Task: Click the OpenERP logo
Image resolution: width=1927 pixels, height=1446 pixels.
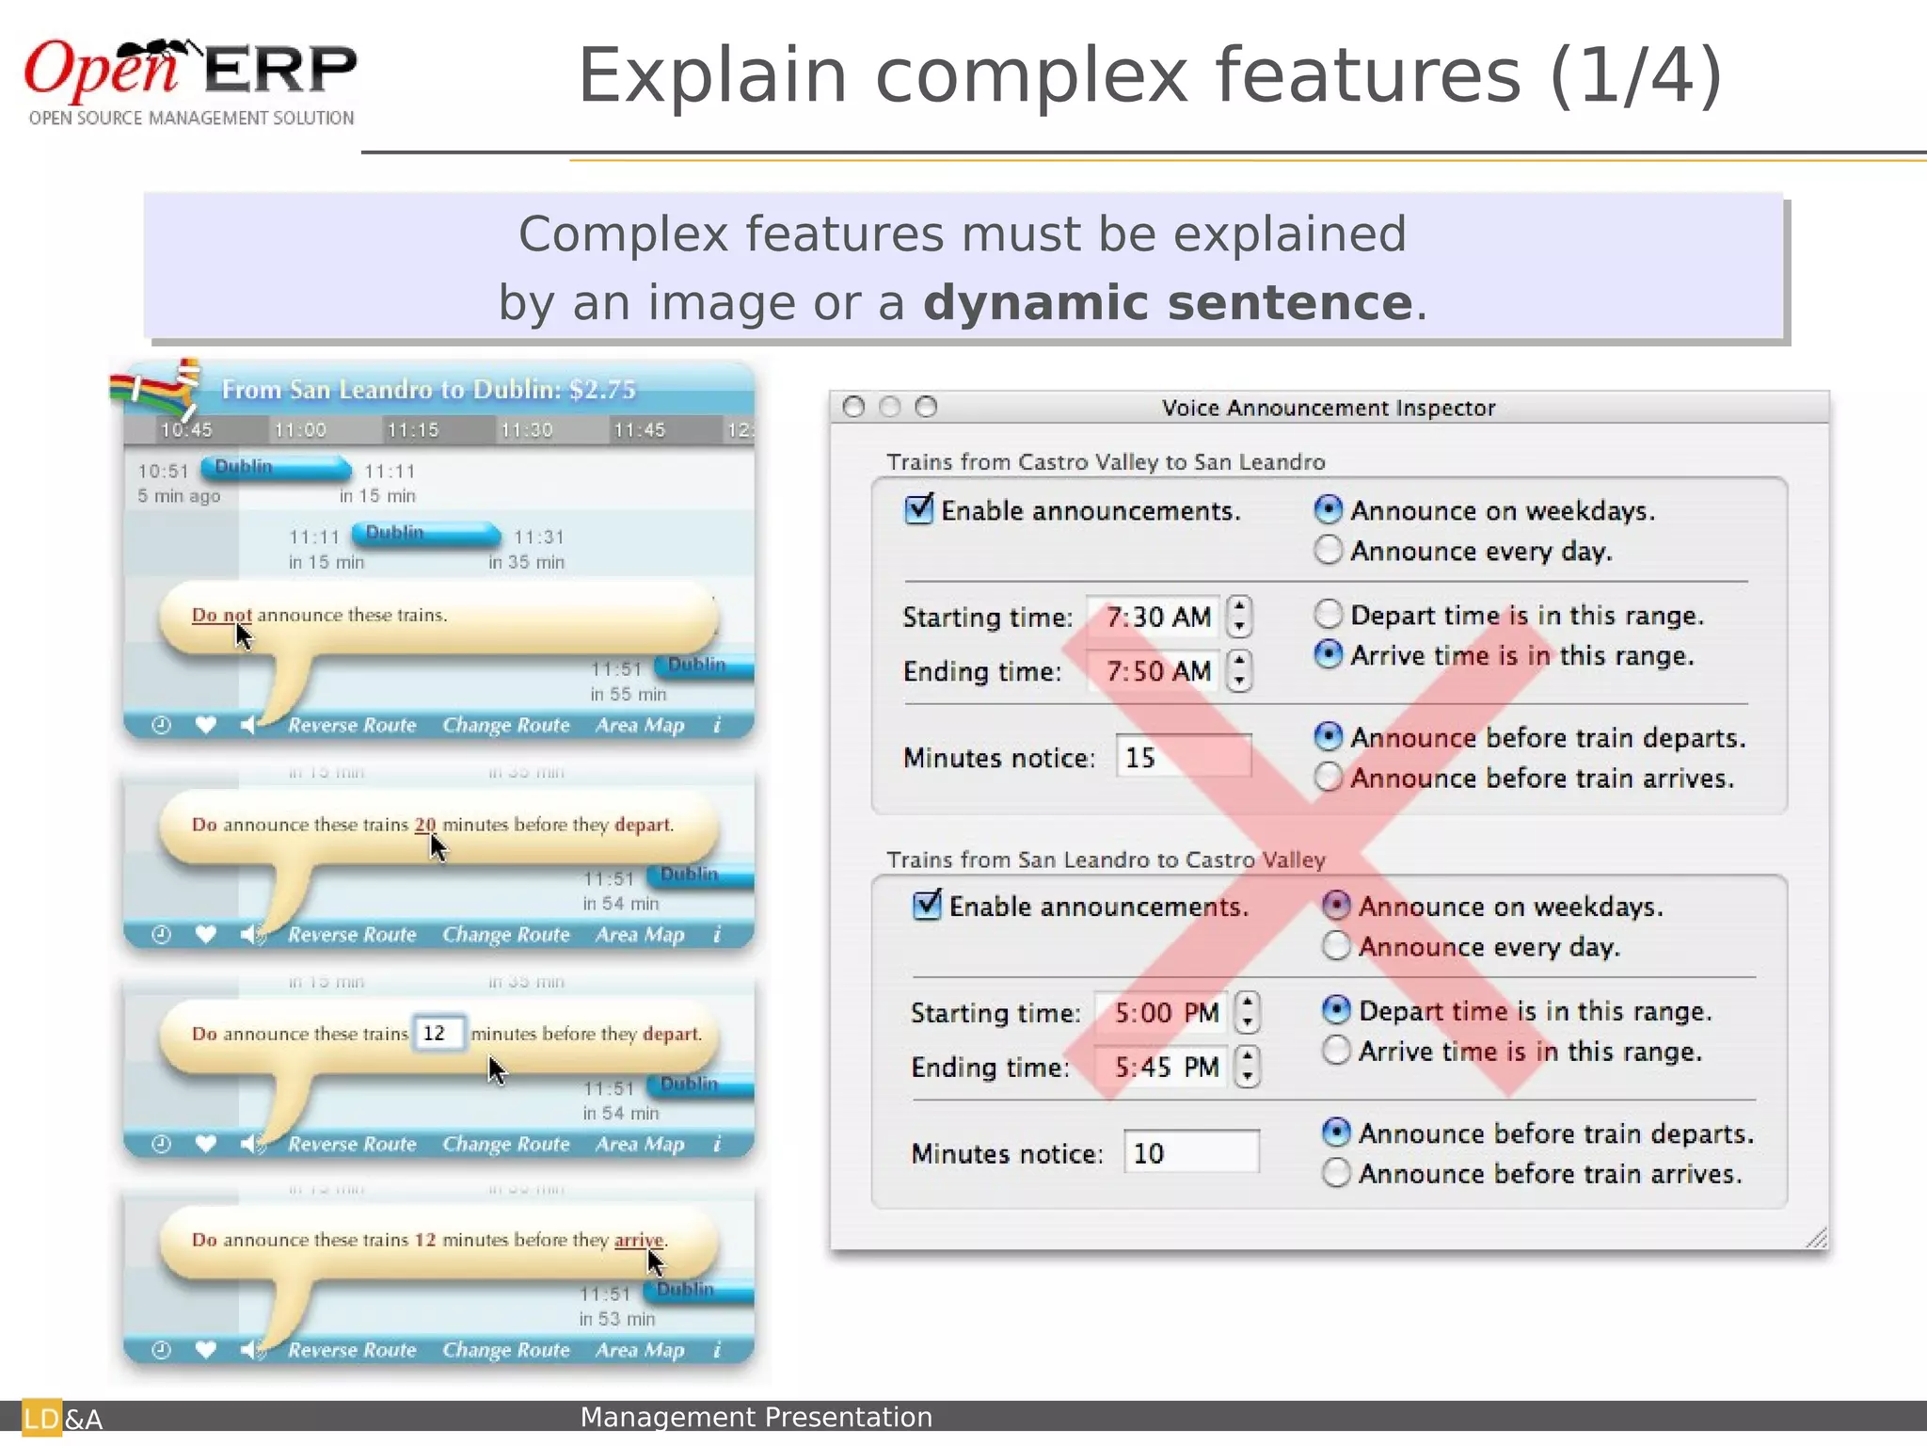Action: [190, 81]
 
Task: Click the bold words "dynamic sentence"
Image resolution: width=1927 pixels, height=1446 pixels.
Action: [1168, 303]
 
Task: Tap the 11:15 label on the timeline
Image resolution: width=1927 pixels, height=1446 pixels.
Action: [413, 430]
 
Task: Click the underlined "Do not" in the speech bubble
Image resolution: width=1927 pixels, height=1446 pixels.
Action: [221, 616]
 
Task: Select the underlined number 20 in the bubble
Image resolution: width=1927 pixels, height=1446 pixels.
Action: [425, 825]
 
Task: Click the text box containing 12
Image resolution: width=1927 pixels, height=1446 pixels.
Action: [438, 1034]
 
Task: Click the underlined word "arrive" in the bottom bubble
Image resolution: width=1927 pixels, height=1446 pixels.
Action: [639, 1240]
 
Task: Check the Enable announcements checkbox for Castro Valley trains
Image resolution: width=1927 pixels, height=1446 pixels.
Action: [918, 509]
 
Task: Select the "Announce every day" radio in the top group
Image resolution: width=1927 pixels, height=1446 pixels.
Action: [1328, 550]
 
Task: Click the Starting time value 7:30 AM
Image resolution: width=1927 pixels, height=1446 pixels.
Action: [1156, 618]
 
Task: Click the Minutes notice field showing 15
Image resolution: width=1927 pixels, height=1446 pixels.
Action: [1183, 757]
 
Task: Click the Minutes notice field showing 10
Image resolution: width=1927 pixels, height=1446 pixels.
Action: [1190, 1152]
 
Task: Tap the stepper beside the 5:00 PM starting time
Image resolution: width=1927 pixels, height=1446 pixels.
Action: [1248, 1013]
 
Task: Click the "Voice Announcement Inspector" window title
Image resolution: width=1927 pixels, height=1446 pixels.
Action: [1328, 408]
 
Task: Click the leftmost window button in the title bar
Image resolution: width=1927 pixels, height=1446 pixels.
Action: [853, 407]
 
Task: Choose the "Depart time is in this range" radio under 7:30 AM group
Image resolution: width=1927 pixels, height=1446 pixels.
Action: [1328, 615]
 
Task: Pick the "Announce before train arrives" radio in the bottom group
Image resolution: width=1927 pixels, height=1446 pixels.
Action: [1336, 1173]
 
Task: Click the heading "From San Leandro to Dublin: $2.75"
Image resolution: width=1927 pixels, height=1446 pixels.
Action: [428, 390]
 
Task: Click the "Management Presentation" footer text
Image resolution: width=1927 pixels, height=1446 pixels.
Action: [756, 1417]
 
